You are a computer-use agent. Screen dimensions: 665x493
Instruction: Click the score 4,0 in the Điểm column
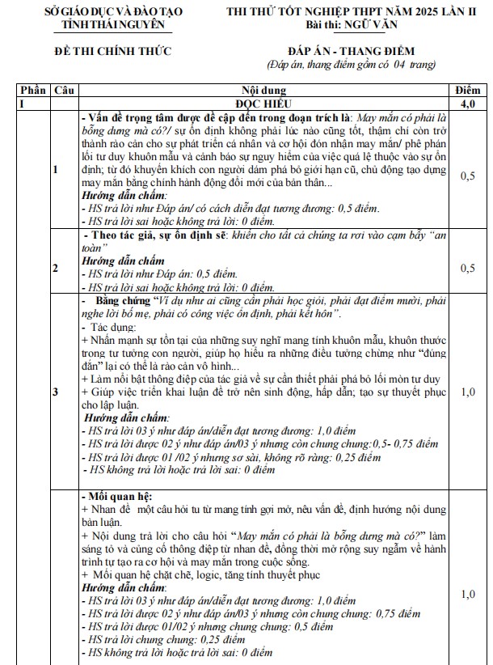pyautogui.click(x=467, y=104)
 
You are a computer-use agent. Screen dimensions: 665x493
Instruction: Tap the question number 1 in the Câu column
pyautogui.click(x=56, y=170)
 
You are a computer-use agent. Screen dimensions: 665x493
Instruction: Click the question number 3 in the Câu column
pyautogui.click(x=56, y=392)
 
